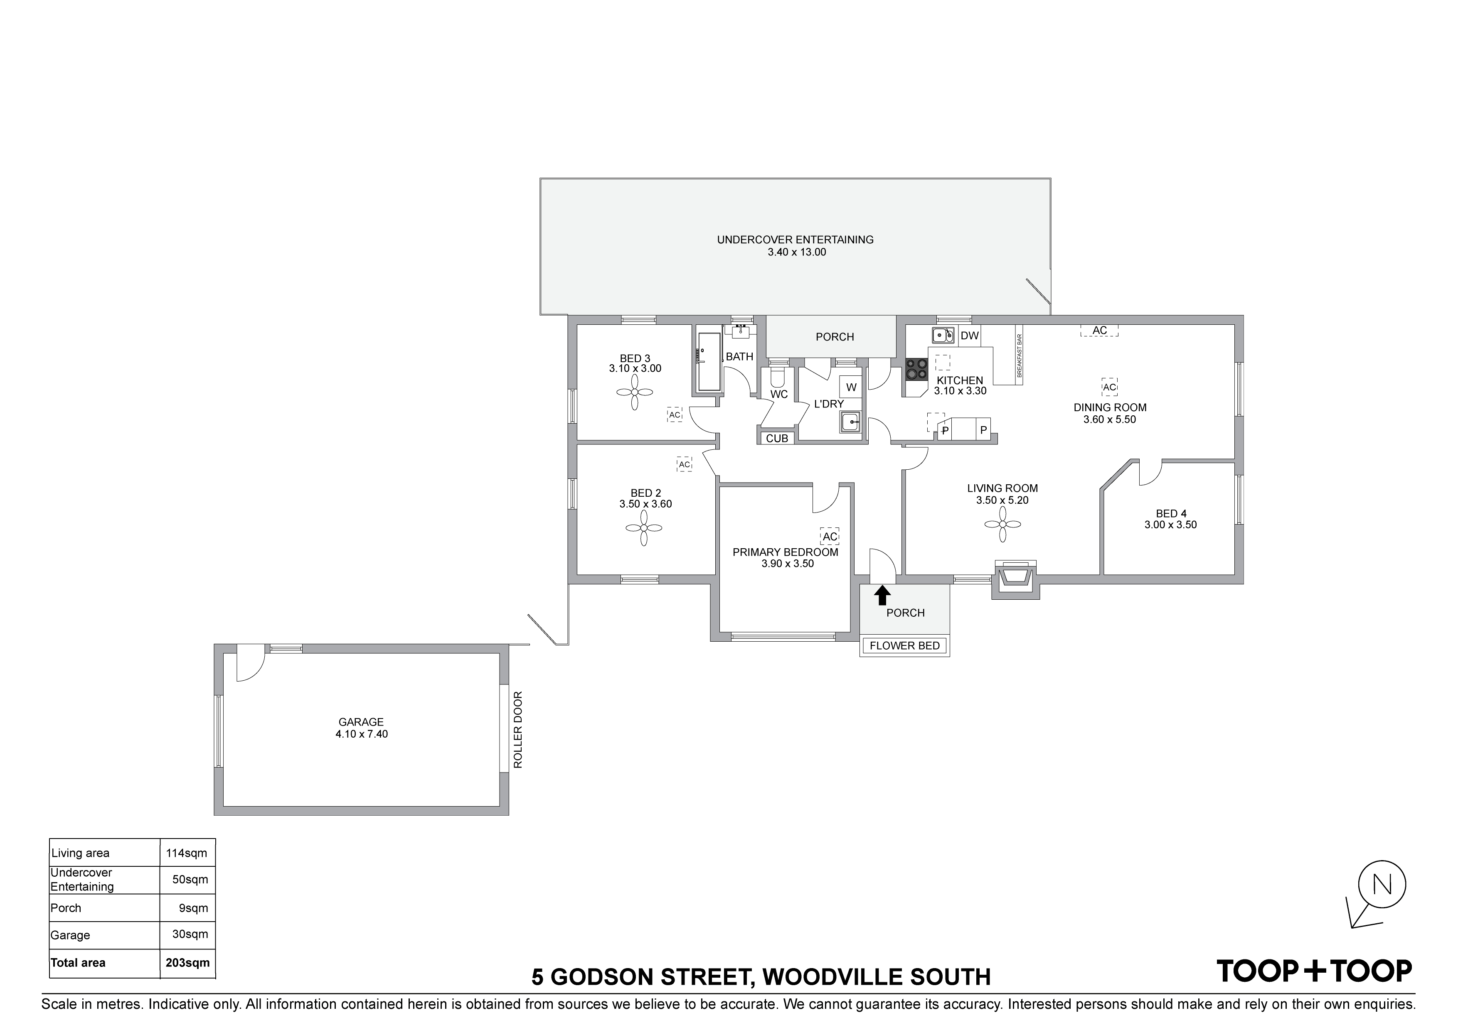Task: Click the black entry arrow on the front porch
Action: point(882,595)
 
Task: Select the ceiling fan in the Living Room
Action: point(1003,524)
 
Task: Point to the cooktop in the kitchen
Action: point(916,369)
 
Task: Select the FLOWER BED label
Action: point(904,646)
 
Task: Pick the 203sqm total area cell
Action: point(187,963)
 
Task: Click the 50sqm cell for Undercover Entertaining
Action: point(190,880)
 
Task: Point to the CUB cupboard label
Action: point(777,439)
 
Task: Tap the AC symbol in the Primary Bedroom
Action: point(829,536)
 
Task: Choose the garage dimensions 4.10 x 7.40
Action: point(361,734)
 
